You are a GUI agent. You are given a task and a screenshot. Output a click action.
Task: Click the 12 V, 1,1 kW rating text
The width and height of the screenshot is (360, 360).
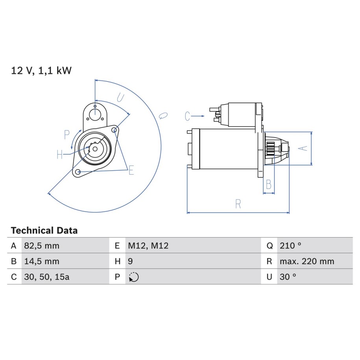point(41,70)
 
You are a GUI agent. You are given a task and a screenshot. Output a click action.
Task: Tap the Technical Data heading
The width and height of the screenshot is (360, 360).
point(44,230)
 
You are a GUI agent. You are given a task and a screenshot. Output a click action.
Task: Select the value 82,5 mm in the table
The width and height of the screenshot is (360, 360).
point(42,246)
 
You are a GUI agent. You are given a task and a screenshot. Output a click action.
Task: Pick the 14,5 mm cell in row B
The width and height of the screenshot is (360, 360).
point(42,261)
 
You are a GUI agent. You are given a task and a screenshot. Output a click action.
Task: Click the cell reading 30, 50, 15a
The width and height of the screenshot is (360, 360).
point(46,277)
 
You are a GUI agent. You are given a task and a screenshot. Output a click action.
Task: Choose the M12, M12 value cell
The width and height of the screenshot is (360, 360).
point(148,246)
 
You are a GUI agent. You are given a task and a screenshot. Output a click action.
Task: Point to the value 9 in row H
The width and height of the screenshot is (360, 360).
point(130,261)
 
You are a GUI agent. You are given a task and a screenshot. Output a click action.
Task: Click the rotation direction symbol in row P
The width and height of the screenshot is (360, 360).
point(134,277)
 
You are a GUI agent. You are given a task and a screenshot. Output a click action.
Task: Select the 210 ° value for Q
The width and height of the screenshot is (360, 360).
point(290,246)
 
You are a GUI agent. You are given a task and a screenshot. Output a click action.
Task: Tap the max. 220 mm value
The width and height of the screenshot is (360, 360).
point(307,261)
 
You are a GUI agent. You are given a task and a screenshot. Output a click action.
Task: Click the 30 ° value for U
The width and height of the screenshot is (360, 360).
point(288,277)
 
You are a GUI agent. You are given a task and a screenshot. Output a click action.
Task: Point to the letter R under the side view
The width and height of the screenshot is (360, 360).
point(238,204)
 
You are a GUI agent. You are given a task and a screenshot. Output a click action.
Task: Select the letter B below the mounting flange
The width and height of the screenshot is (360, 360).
point(268,185)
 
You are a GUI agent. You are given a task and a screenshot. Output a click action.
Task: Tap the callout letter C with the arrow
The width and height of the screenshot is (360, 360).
point(187,116)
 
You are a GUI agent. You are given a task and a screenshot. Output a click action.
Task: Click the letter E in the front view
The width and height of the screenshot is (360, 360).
point(131,170)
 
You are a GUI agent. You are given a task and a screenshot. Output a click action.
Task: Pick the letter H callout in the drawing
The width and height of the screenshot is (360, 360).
point(60,155)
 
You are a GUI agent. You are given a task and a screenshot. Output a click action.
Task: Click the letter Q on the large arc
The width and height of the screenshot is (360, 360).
point(163,116)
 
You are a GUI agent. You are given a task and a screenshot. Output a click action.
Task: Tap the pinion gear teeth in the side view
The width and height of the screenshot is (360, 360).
point(270,149)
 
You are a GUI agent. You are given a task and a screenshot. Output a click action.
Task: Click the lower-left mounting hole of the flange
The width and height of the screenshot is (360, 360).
point(78,172)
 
